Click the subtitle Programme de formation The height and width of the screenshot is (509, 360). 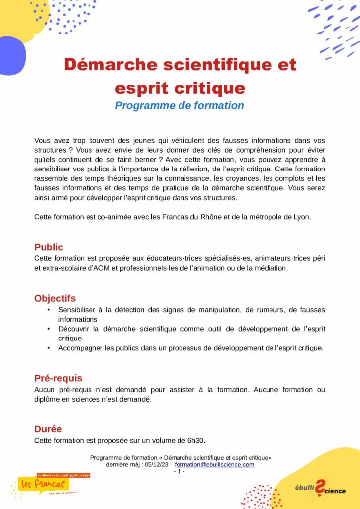[180, 106]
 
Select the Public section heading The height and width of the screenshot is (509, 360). [49, 247]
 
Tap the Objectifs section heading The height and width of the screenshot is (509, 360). [55, 299]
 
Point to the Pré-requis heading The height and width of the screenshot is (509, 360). [58, 378]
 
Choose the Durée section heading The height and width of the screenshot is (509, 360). [48, 429]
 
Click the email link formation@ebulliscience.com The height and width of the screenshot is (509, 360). [214, 465]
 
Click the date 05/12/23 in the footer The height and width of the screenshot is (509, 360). [156, 465]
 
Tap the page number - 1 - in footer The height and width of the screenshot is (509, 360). [179, 471]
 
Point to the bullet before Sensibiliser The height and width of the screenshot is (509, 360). [49, 310]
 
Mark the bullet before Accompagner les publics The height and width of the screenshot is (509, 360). [49, 348]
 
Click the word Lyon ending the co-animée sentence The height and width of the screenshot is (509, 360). [302, 217]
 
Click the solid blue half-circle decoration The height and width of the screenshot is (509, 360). [11, 55]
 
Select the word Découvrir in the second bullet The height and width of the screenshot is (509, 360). [75, 329]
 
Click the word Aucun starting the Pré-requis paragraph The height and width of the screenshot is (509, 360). [45, 390]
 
